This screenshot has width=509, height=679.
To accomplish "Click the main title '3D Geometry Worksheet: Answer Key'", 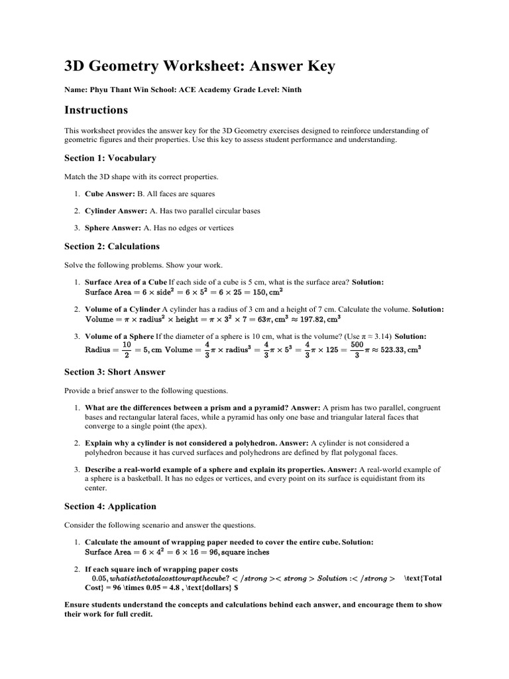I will (x=199, y=66).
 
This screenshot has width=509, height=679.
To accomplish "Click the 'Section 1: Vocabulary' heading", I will (x=110, y=158).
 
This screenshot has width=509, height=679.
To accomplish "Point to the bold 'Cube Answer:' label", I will (x=109, y=194).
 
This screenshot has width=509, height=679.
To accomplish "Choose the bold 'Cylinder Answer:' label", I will (x=116, y=211).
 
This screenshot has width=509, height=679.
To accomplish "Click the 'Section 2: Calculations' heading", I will (x=111, y=246).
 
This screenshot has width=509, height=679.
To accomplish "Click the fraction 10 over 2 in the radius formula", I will (x=127, y=349).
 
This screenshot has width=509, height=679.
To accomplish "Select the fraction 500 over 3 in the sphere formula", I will (x=357, y=349).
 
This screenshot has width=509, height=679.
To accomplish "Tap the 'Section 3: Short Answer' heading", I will (x=115, y=372).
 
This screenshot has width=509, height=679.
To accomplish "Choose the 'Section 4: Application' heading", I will (x=110, y=507).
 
